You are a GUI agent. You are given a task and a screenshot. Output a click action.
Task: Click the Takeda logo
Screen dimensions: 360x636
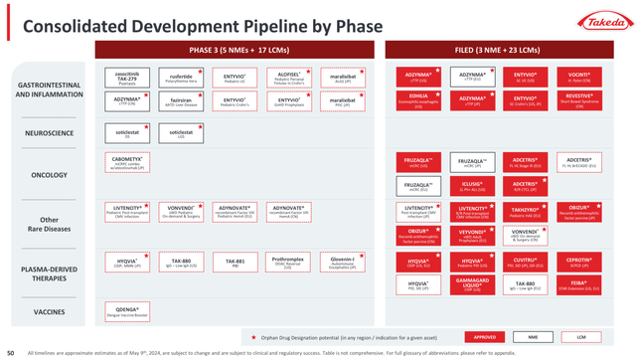[x=595, y=21]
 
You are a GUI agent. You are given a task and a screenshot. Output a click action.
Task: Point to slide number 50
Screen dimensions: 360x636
[x=10, y=352]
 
